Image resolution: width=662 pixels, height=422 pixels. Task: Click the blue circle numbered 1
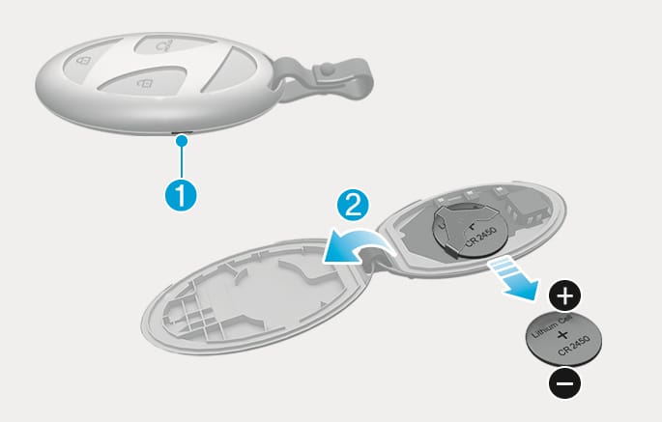click(181, 194)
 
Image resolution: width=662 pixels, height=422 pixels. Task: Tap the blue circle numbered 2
click(353, 206)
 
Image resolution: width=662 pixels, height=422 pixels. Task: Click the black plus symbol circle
click(565, 295)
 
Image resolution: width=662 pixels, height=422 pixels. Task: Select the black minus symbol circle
click(565, 383)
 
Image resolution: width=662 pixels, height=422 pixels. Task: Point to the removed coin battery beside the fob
click(563, 339)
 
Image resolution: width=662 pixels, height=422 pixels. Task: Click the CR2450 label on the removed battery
click(573, 345)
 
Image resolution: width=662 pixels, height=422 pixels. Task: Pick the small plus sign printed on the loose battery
click(561, 335)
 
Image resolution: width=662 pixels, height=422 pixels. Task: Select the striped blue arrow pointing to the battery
click(514, 278)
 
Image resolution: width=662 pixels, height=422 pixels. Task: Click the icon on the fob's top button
click(164, 44)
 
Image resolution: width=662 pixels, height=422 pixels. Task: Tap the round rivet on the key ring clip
click(326, 68)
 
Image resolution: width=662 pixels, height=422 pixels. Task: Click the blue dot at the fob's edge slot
click(182, 140)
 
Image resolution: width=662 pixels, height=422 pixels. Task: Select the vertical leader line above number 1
click(182, 161)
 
